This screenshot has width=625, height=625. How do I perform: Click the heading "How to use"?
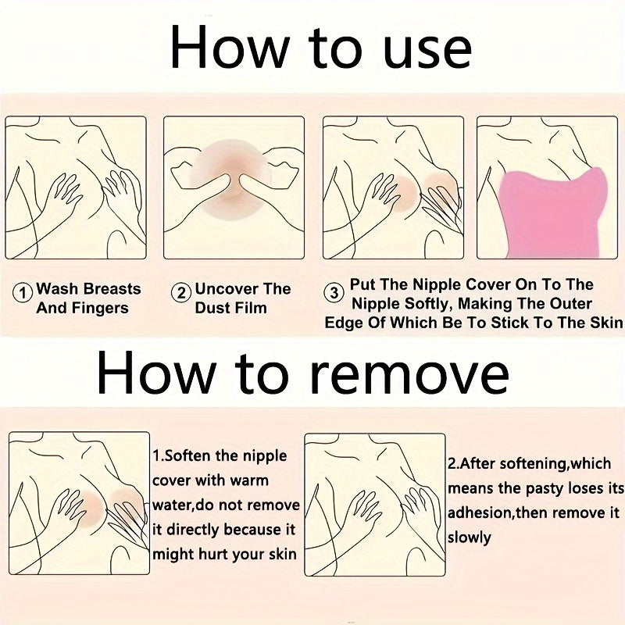[x=321, y=48]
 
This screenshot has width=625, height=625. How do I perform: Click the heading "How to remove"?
[x=303, y=373]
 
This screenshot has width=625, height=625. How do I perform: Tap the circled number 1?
[x=23, y=293]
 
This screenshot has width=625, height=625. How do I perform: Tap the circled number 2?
[x=181, y=293]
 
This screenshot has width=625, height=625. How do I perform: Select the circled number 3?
[x=334, y=293]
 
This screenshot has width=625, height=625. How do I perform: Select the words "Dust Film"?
[x=230, y=308]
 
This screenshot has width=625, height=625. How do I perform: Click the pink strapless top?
[x=552, y=213]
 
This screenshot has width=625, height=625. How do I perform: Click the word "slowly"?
[x=470, y=537]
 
